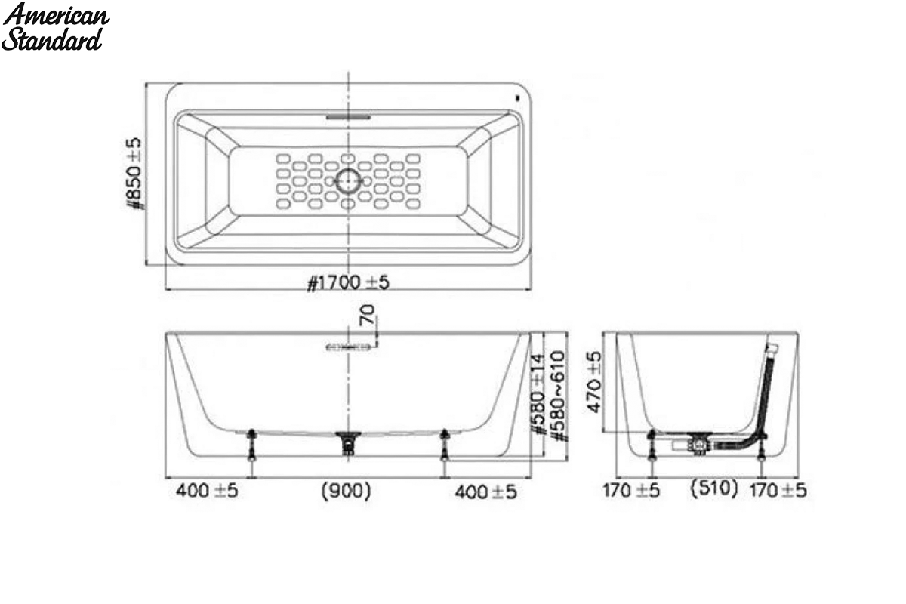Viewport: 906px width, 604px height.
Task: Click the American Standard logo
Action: tap(55, 26)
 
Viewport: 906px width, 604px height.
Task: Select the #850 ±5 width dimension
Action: tap(134, 174)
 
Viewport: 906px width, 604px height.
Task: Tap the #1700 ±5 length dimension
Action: tap(348, 282)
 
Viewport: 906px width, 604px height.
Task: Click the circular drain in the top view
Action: tap(348, 180)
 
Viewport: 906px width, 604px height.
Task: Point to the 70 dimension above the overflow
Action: tap(368, 315)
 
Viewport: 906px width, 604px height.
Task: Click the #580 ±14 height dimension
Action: tap(538, 394)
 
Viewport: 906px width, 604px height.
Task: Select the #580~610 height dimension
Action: tap(559, 396)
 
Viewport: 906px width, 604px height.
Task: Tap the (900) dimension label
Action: tap(346, 492)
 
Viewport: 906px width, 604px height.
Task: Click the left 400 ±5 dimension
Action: tap(207, 492)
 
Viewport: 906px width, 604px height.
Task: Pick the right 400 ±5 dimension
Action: tap(485, 492)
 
